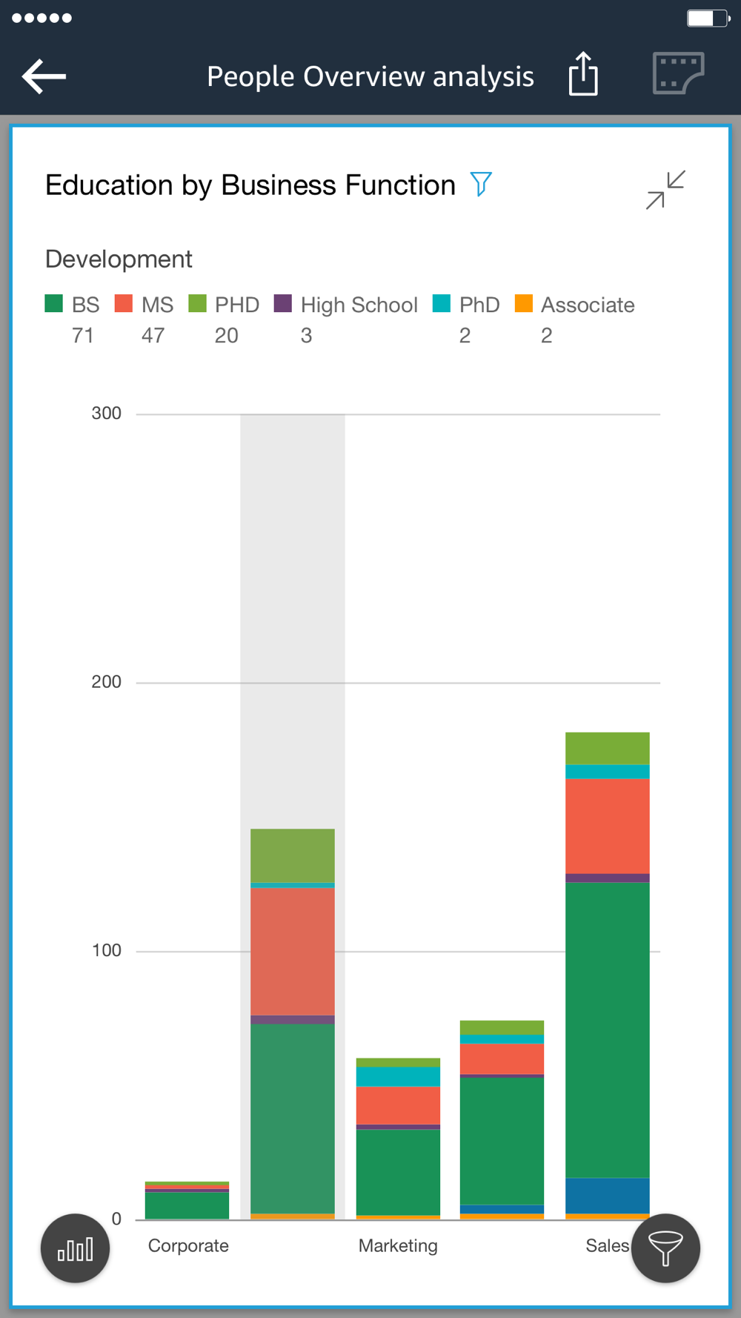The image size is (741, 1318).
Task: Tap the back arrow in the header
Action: [x=44, y=76]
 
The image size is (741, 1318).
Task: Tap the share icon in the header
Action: [x=583, y=74]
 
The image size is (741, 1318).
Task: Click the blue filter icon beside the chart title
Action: [x=481, y=184]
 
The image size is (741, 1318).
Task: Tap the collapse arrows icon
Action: [x=665, y=190]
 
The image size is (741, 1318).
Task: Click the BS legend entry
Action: [x=73, y=305]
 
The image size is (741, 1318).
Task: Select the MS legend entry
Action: [x=144, y=305]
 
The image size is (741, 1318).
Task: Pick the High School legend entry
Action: [x=346, y=305]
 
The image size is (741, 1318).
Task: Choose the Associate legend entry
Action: [x=575, y=305]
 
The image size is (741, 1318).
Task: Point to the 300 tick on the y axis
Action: [x=106, y=414]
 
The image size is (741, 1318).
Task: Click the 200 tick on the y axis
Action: [x=106, y=682]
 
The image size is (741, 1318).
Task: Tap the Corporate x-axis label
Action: [x=188, y=1245]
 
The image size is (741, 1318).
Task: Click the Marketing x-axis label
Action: [x=398, y=1245]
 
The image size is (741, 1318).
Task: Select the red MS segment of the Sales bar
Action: [x=607, y=826]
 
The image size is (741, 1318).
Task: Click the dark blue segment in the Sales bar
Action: [x=607, y=1195]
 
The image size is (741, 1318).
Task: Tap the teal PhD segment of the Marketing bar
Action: [x=398, y=1076]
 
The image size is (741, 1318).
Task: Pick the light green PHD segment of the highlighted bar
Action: [x=293, y=855]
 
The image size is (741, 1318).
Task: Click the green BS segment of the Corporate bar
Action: [x=187, y=1205]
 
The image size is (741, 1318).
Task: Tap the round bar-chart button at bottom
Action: [x=75, y=1248]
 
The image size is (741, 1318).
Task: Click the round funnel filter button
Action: [x=665, y=1248]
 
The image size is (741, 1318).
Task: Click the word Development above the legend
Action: [x=119, y=259]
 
